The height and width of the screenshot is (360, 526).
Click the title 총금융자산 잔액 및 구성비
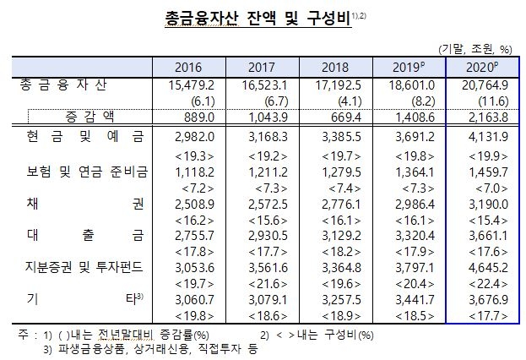252,18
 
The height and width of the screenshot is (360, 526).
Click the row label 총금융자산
74,85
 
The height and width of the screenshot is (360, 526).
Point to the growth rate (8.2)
412,100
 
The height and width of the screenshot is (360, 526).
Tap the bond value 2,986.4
411,204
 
